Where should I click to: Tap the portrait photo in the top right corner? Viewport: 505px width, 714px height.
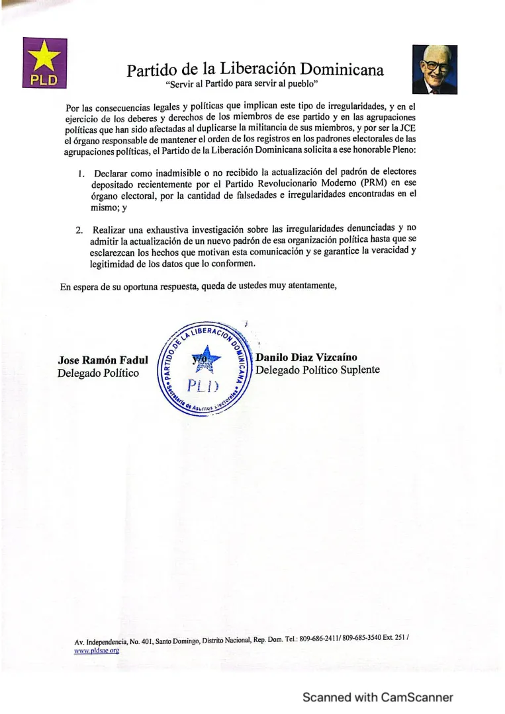pos(434,69)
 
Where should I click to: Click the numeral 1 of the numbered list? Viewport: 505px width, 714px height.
pos(79,174)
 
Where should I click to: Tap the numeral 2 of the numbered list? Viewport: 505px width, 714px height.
pos(79,230)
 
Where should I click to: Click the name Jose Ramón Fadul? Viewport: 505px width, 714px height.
pos(103,360)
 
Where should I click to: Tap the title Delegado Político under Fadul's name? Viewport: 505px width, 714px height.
pos(99,374)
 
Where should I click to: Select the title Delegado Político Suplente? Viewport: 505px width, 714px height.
pos(318,370)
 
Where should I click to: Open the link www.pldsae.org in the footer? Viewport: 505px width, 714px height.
pos(97,650)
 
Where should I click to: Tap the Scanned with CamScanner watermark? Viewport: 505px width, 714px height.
pos(377,697)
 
